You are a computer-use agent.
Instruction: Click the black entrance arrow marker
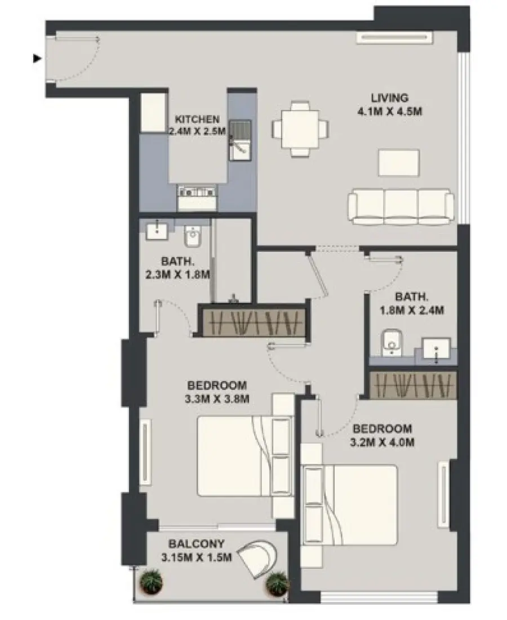click(37, 58)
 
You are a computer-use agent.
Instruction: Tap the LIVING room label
click(389, 98)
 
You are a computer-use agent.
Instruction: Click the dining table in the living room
click(300, 129)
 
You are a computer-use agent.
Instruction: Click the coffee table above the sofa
click(399, 163)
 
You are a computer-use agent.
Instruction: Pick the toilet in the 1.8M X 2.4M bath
click(390, 343)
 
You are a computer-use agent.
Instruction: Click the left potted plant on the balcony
click(152, 581)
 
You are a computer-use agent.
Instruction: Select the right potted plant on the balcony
click(277, 583)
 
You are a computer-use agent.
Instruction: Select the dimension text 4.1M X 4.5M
click(389, 111)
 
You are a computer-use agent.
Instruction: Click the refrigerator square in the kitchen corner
click(153, 113)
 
